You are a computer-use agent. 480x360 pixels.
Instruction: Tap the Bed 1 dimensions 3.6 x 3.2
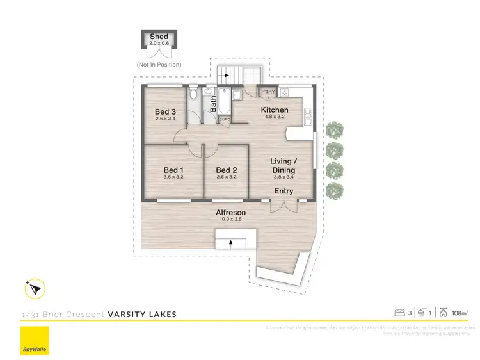[173, 177]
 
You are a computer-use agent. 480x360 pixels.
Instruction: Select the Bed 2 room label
[227, 170]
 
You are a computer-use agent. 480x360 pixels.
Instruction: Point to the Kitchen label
[275, 110]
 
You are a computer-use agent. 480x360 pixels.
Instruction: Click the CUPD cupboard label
[225, 119]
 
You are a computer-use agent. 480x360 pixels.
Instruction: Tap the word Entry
[284, 192]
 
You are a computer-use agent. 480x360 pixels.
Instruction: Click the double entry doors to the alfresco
[284, 206]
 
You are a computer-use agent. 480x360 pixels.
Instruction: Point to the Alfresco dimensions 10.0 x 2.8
[230, 220]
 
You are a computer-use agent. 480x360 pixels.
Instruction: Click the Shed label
[159, 37]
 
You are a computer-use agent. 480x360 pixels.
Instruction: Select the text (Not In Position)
[159, 65]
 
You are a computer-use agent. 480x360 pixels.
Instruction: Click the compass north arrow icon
[34, 290]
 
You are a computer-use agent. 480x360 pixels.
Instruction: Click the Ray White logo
[35, 341]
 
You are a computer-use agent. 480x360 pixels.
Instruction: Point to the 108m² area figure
[460, 313]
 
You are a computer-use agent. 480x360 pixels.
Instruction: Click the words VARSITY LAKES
[142, 314]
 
